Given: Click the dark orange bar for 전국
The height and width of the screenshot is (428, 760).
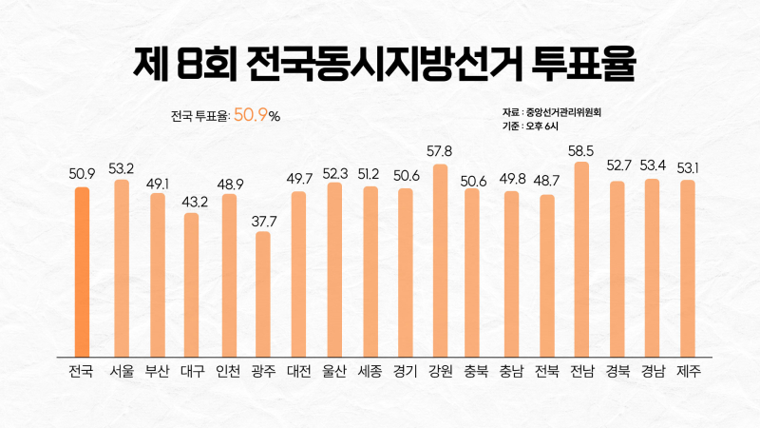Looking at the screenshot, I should (82, 271).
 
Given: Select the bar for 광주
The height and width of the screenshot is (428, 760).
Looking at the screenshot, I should (262, 293).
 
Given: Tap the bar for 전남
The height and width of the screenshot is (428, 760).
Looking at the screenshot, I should (581, 259).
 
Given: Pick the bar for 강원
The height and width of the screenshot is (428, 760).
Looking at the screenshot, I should (440, 260).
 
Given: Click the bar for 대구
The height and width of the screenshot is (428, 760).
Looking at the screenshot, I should (192, 283).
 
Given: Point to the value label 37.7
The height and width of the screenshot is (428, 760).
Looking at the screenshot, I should (262, 221).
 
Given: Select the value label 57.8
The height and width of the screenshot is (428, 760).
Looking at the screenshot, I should (440, 152).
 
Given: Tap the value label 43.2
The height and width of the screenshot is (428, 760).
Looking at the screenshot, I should (192, 202).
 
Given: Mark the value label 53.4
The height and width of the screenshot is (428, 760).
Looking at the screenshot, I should (653, 167).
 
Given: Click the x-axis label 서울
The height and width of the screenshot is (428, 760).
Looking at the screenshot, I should (121, 371).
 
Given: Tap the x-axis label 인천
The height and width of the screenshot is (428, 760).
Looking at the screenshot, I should (227, 371).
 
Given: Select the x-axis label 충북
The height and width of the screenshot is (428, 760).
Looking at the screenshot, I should (475, 371).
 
